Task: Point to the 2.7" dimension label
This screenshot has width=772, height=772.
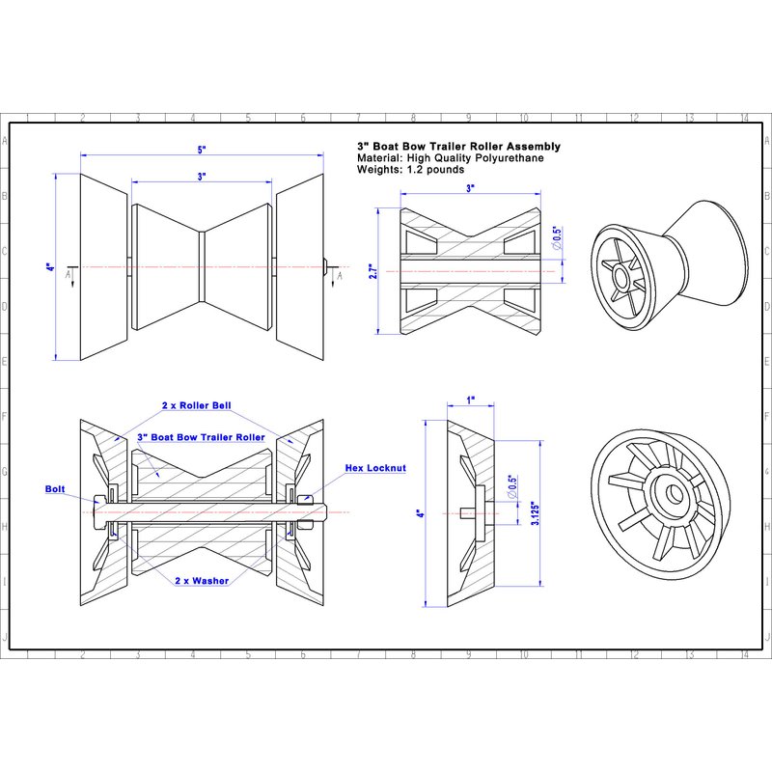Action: coord(372,273)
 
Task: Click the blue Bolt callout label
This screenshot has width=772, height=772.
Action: coord(57,489)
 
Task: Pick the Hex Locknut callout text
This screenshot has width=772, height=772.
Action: coord(375,468)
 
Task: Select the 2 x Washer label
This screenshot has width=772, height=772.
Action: coord(202,581)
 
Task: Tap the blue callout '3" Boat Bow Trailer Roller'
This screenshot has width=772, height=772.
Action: coord(201,437)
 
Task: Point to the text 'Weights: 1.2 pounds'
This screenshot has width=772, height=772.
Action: coord(410,169)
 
